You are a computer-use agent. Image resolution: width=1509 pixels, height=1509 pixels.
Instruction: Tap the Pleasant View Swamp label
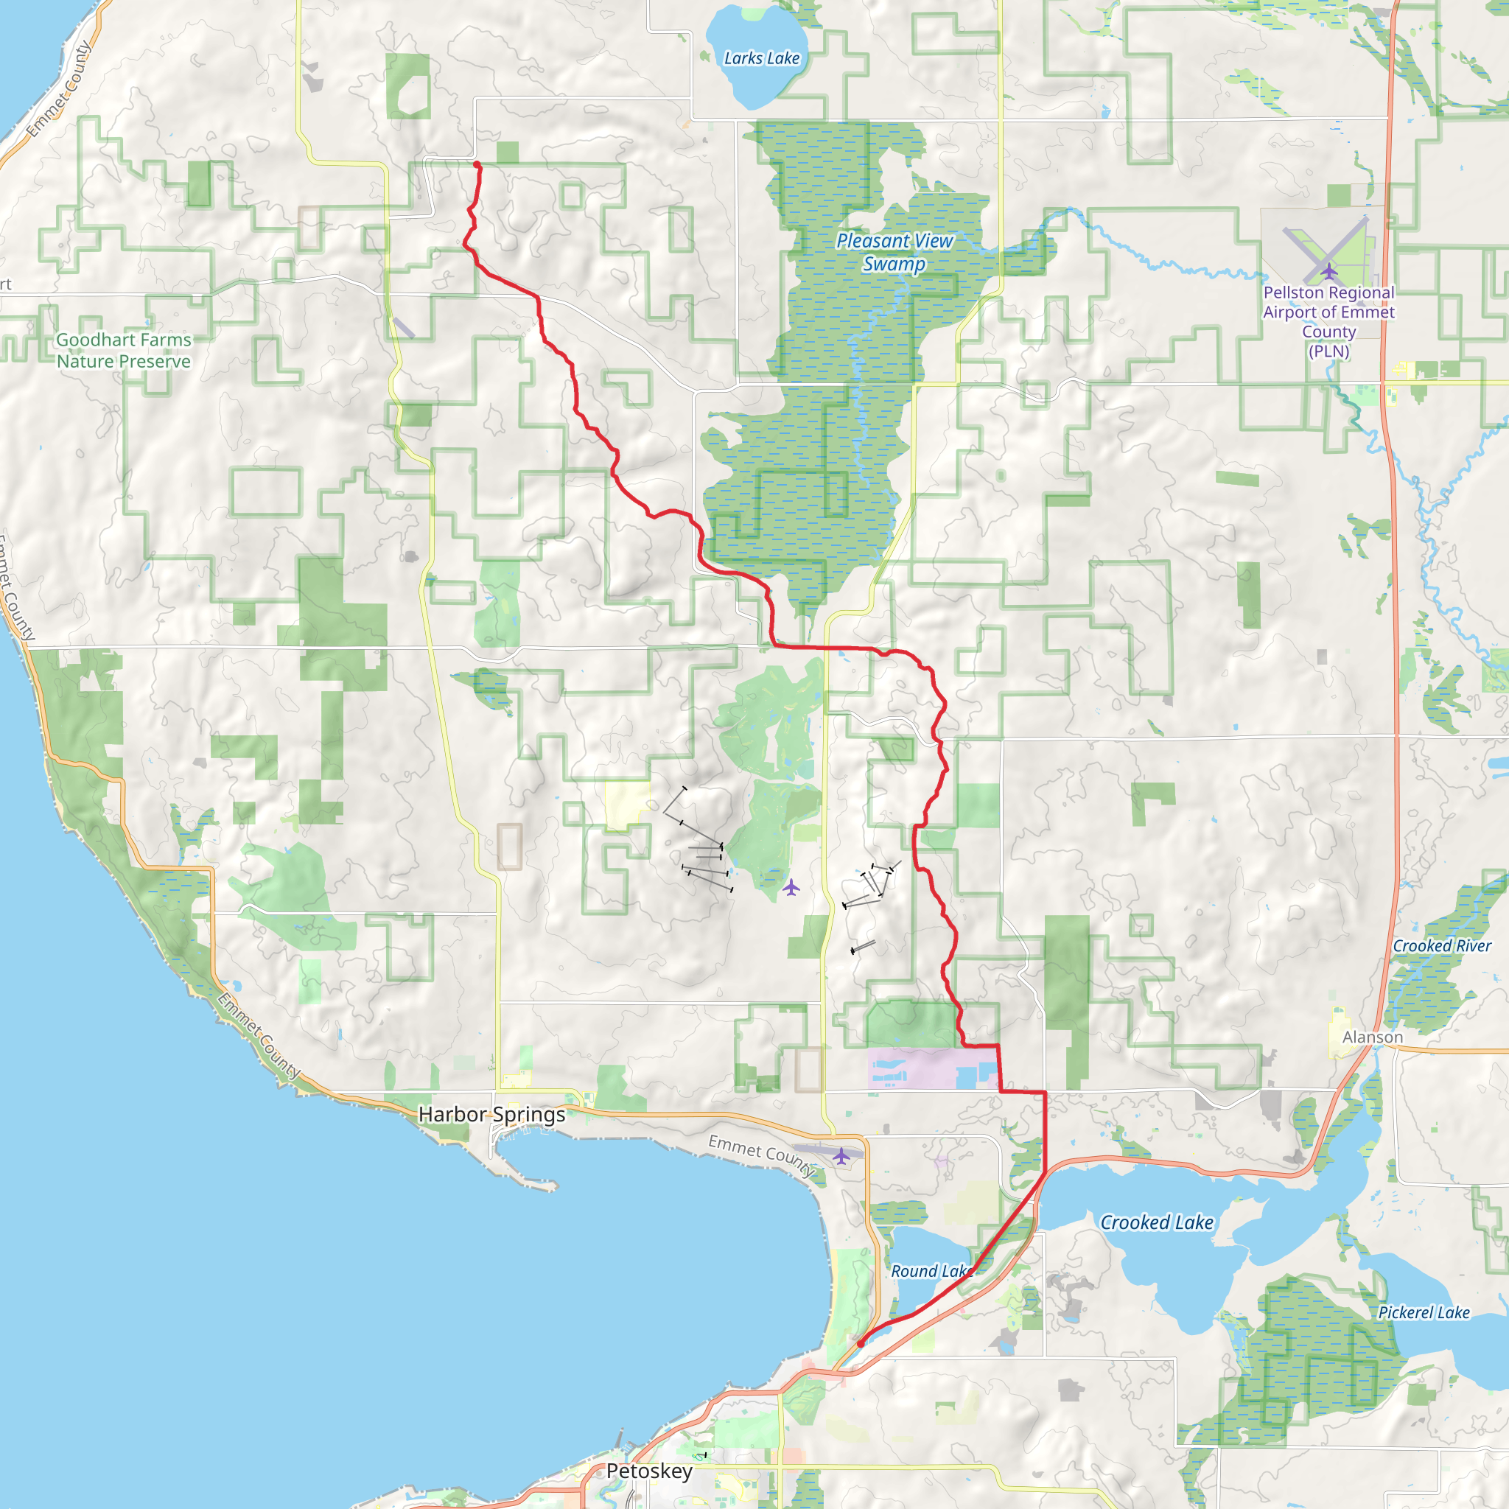(x=894, y=252)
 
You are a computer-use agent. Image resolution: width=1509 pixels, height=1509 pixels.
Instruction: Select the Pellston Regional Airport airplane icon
(x=1328, y=271)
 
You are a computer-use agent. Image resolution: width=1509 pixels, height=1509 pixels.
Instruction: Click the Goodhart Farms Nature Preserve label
(x=123, y=351)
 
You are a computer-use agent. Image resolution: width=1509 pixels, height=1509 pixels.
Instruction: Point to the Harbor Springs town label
(x=491, y=1115)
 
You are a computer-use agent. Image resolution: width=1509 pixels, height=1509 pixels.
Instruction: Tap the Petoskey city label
(x=649, y=1471)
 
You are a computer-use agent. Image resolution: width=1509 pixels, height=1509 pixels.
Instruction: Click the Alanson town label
(x=1372, y=1037)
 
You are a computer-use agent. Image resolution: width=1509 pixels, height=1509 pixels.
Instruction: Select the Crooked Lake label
(x=1157, y=1222)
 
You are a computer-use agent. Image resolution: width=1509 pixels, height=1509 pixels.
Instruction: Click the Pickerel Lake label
(x=1424, y=1312)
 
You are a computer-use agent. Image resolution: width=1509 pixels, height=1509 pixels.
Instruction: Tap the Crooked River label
(x=1442, y=946)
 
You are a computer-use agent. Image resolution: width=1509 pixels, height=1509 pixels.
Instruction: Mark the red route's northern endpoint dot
(x=477, y=164)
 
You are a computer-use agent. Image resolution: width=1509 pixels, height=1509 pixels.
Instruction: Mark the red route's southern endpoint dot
(x=861, y=1343)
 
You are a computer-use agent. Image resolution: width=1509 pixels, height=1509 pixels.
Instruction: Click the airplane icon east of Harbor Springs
(x=841, y=1156)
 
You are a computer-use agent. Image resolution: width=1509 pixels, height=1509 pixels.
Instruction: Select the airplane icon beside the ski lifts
(x=791, y=887)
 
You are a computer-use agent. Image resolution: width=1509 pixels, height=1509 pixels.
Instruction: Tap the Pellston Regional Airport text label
(x=1328, y=321)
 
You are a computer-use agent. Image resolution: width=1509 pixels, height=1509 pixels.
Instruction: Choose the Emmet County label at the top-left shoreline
(x=59, y=90)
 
